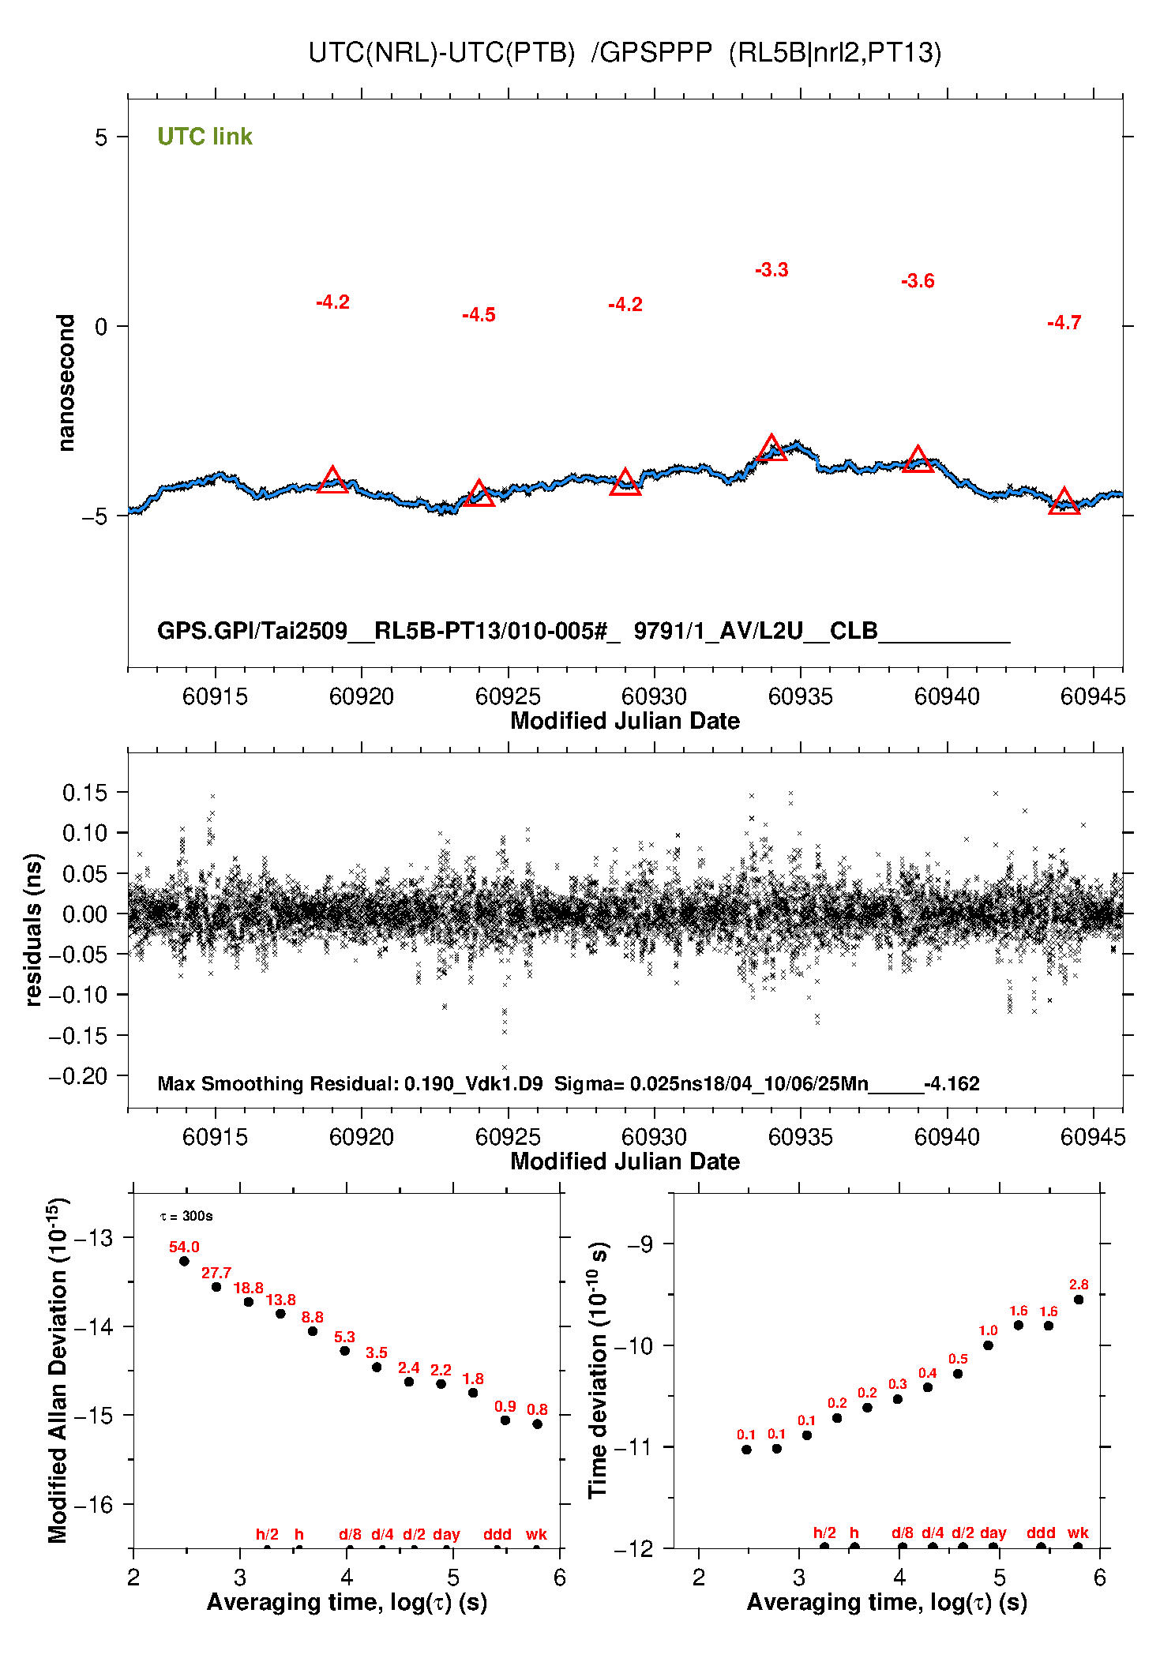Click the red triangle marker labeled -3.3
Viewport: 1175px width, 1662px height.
[771, 449]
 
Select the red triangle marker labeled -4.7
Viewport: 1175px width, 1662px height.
[1064, 502]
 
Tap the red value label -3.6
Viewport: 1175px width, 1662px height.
[918, 281]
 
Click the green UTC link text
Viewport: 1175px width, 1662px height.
[205, 137]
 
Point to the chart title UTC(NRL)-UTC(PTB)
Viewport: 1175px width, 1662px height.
[441, 53]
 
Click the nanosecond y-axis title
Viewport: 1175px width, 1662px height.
[66, 382]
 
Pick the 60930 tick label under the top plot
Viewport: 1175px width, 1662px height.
[654, 696]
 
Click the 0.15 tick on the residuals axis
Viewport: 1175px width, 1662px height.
[84, 793]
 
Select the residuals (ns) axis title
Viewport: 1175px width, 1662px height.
[33, 929]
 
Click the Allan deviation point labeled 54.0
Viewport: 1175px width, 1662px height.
[184, 1261]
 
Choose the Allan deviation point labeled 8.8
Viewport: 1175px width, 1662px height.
[313, 1331]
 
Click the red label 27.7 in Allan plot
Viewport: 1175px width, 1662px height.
[216, 1273]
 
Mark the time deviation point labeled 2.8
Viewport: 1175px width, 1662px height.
[1079, 1300]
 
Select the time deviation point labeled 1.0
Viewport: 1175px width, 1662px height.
[988, 1345]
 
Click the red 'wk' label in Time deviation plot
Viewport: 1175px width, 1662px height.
[1078, 1533]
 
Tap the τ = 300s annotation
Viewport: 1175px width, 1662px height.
[186, 1216]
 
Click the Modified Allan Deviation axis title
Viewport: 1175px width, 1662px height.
[57, 1370]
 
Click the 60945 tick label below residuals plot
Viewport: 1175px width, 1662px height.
[1093, 1137]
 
